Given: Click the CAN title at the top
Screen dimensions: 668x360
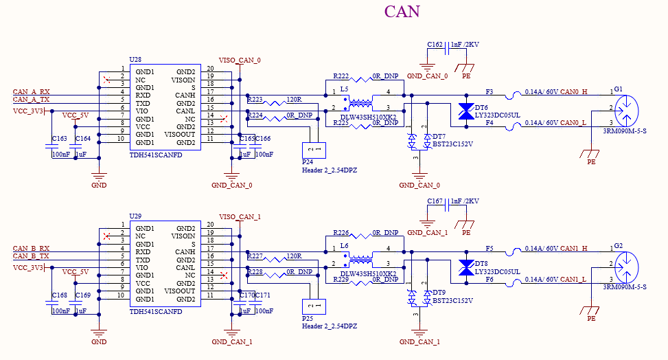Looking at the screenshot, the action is click(x=402, y=12).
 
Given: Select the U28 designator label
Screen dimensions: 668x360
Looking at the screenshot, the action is click(x=135, y=60).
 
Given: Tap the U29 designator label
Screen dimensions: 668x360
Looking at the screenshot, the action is click(x=135, y=216).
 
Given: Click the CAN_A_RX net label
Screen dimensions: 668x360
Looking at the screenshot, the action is click(x=31, y=91).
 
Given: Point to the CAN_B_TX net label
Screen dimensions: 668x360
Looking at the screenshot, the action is click(x=31, y=256).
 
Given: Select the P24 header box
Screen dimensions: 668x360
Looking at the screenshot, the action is click(x=314, y=150).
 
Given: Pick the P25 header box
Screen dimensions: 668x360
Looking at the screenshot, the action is click(x=314, y=306).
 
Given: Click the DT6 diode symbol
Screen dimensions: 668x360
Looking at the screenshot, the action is click(x=466, y=111).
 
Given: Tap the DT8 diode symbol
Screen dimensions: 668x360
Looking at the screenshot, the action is click(x=466, y=267).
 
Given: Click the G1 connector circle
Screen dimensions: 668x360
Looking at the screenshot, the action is click(x=627, y=111).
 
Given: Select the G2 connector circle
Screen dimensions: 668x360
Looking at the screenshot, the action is click(x=627, y=267).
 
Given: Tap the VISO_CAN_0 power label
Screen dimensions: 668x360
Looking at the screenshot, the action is click(x=240, y=60).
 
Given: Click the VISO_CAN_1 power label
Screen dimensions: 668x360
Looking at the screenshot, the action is click(x=240, y=216).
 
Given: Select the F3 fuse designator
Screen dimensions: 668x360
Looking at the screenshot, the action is click(x=490, y=91).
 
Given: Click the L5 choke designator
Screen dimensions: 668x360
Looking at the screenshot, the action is click(x=344, y=89).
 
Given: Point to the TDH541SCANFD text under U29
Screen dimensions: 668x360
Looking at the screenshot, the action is click(x=156, y=311).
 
